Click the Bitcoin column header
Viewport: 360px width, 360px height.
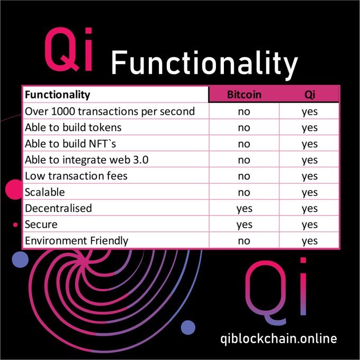click(x=244, y=95)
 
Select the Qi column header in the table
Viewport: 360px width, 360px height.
click(x=310, y=95)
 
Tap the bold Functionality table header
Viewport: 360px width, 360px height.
click(x=57, y=95)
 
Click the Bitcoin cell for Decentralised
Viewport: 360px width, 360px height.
click(x=244, y=209)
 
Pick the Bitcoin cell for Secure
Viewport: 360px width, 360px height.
click(x=244, y=225)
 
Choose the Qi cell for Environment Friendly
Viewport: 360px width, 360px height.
click(x=310, y=241)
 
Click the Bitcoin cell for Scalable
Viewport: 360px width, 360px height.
click(x=244, y=193)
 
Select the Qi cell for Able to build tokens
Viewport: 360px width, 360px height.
click(x=310, y=128)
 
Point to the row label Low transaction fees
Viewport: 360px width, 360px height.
click(x=76, y=176)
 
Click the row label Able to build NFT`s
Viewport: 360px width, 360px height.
click(x=70, y=144)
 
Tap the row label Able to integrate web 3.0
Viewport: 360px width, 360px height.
click(x=86, y=160)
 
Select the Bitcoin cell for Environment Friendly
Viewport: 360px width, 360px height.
click(x=244, y=241)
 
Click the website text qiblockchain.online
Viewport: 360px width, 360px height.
click(x=278, y=339)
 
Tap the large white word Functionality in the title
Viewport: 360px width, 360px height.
click(x=204, y=64)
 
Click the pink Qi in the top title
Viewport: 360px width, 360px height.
click(x=68, y=49)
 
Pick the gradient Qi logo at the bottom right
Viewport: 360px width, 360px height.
click(x=276, y=291)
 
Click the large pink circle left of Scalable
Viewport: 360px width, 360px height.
click(x=14, y=190)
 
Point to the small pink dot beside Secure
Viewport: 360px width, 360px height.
click(x=15, y=225)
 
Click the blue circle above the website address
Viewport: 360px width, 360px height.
click(x=188, y=327)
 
